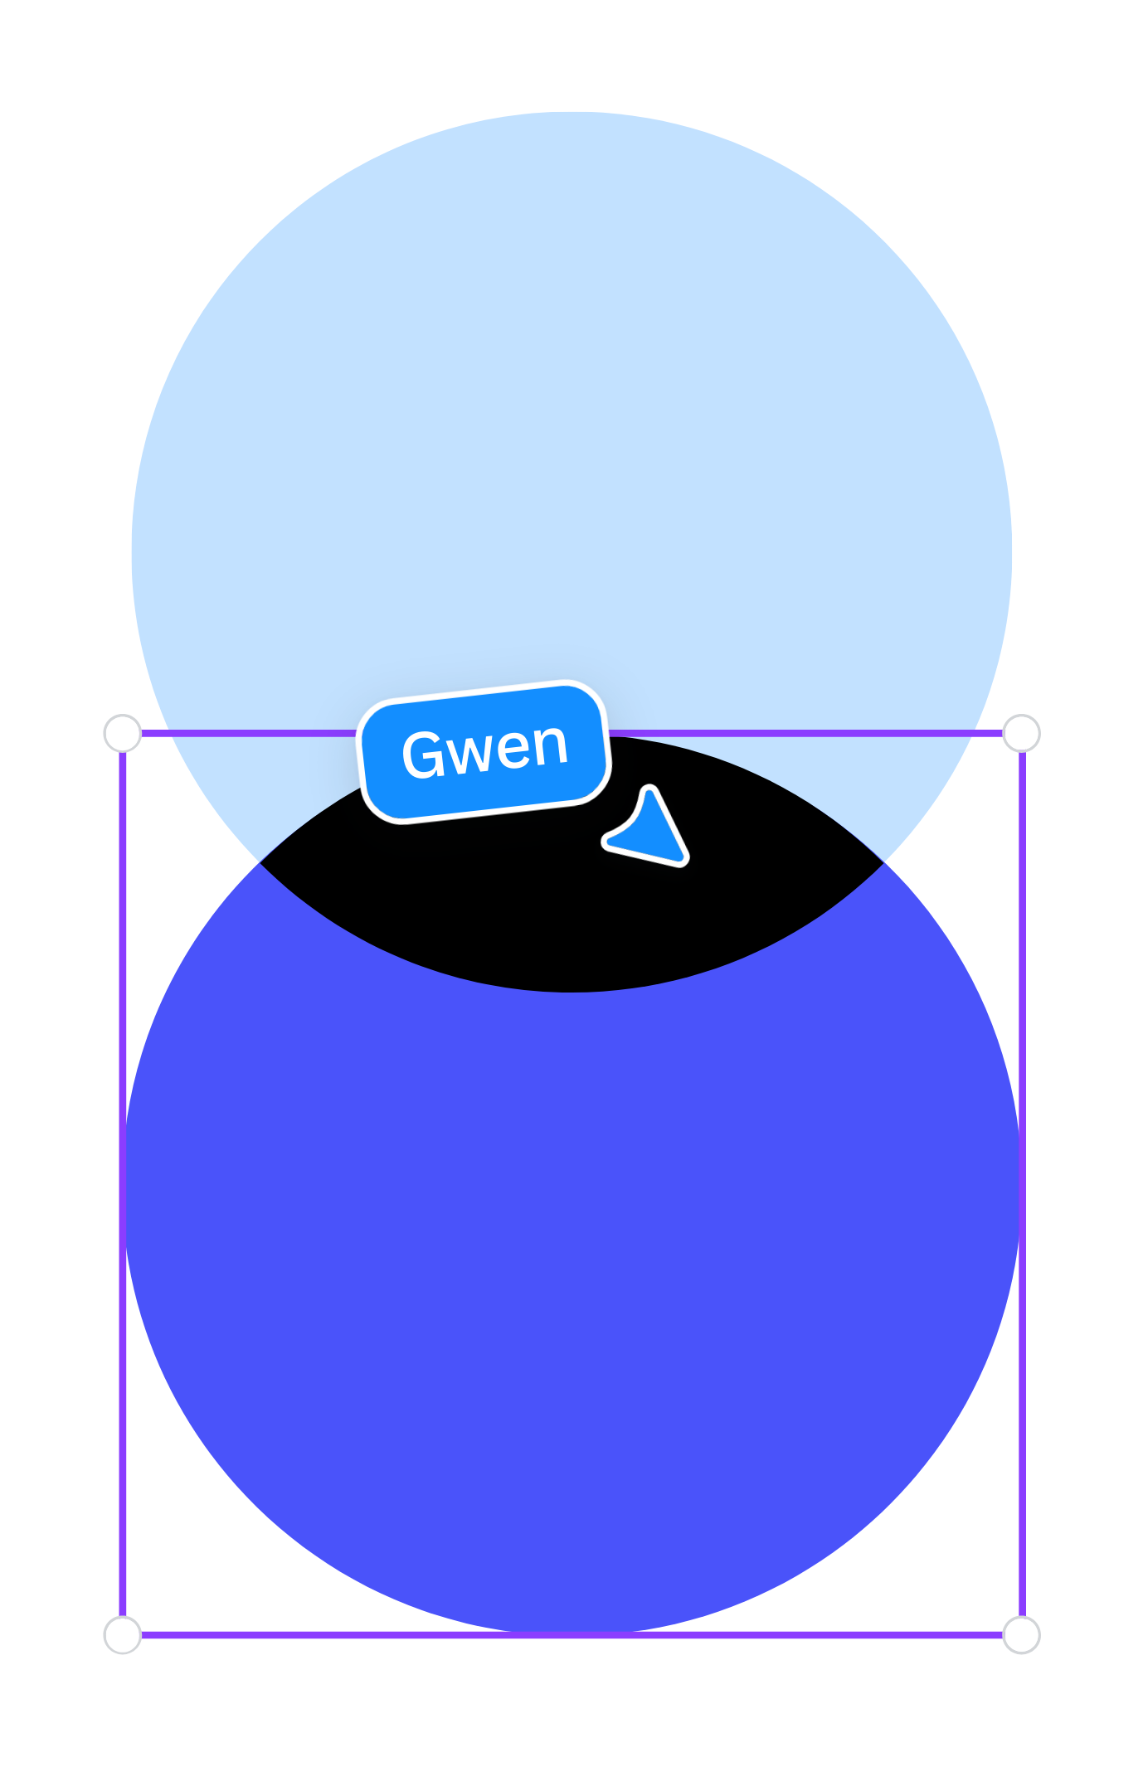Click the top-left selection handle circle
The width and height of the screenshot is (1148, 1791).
123,733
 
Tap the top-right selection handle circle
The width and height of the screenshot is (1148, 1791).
1021,733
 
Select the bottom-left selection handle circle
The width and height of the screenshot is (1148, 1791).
123,1635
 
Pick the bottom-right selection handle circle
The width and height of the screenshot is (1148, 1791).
1021,1635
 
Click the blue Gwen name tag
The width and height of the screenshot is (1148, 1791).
484,751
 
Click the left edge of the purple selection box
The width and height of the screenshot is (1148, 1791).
123,1184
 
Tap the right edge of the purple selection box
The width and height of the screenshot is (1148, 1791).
1022,1184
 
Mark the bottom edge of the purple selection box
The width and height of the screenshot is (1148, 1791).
572,1635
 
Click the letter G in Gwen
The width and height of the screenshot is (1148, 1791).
422,755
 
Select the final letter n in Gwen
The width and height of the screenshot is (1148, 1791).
551,744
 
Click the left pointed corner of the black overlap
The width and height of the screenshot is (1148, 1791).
260,863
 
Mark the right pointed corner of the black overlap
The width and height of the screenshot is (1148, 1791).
883,863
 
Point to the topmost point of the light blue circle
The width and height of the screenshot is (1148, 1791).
572,112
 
